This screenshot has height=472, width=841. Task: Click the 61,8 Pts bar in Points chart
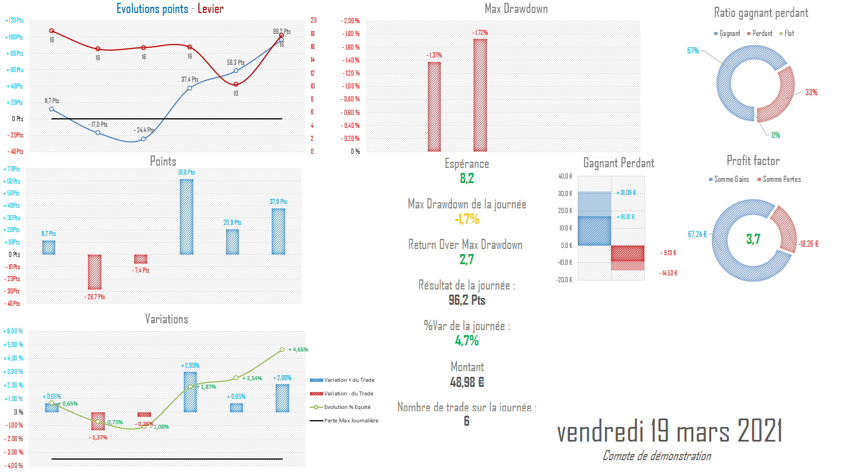[x=186, y=217]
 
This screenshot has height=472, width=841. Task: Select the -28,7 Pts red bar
[x=95, y=272]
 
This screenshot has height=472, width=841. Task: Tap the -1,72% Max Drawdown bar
[x=480, y=95]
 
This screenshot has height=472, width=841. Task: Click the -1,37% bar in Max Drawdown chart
[x=434, y=106]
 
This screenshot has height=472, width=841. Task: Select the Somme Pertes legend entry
[x=781, y=180]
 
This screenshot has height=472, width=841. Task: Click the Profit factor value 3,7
[x=753, y=239]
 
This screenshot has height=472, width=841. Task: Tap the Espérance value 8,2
[x=467, y=179]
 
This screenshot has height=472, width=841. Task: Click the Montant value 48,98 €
[x=467, y=382]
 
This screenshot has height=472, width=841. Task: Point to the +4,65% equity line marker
[x=282, y=350]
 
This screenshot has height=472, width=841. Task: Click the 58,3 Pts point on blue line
[x=236, y=71]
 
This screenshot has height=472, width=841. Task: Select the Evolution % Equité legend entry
[x=347, y=407]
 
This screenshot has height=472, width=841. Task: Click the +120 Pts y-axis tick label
[x=15, y=20]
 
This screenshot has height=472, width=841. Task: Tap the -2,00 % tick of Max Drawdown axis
[x=350, y=21]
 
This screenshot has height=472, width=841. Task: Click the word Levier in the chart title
[x=210, y=8]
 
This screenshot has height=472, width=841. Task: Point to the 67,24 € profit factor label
[x=697, y=234]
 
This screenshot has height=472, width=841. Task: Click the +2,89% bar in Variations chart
[x=190, y=391]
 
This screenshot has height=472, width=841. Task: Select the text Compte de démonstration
[x=656, y=456]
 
